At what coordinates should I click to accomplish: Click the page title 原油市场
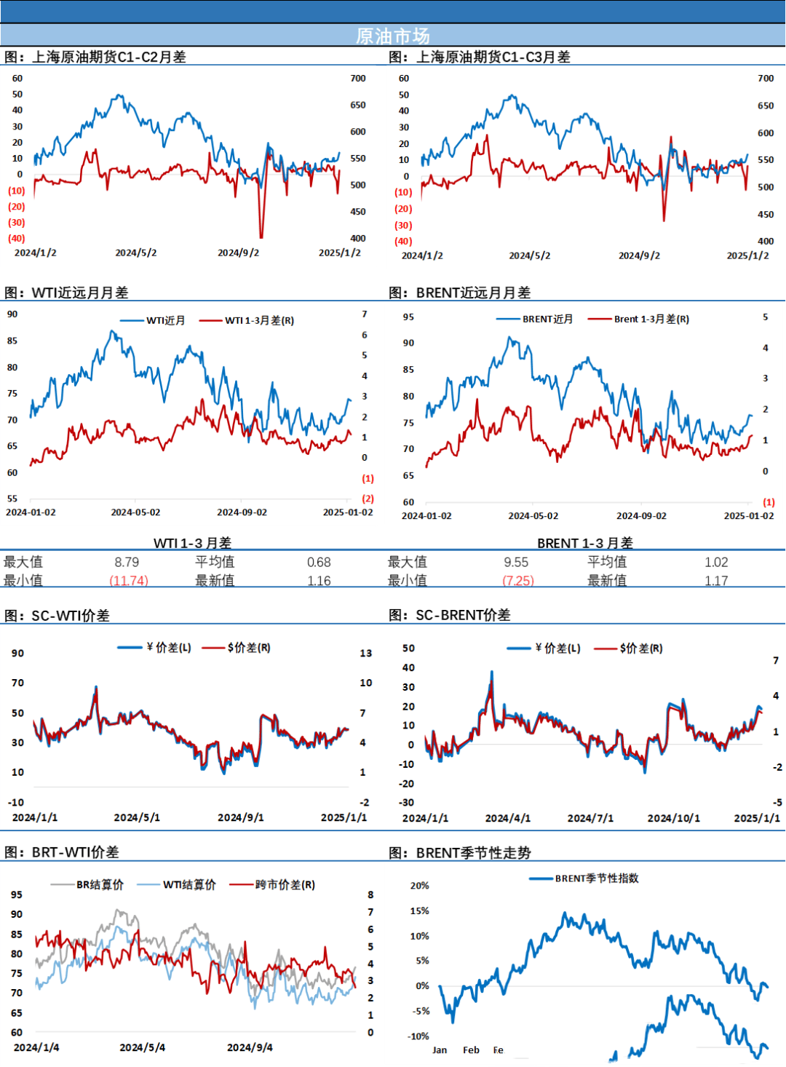pyautogui.click(x=393, y=36)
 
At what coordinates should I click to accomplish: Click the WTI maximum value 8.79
pyautogui.click(x=127, y=562)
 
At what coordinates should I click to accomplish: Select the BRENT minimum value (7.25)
pyautogui.click(x=517, y=580)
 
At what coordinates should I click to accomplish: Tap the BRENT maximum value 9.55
pyautogui.click(x=516, y=562)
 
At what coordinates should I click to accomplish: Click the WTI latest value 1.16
pyautogui.click(x=319, y=581)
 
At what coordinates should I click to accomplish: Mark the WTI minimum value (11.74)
pyautogui.click(x=129, y=580)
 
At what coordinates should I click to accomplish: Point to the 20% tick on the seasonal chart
pyautogui.click(x=420, y=886)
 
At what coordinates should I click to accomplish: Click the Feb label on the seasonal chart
pyautogui.click(x=471, y=1050)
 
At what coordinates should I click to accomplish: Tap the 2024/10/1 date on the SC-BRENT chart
pyautogui.click(x=674, y=818)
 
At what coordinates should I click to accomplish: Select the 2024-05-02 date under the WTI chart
pyautogui.click(x=135, y=512)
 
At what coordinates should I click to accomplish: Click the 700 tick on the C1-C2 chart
pyautogui.click(x=358, y=79)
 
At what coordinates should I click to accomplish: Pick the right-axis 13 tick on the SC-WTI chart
pyautogui.click(x=366, y=653)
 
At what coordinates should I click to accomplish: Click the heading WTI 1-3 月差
pyautogui.click(x=193, y=542)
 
